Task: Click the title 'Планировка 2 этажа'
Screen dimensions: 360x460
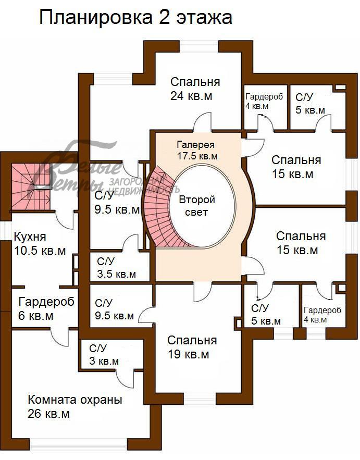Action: tap(135, 18)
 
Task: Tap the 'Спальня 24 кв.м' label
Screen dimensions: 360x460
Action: tap(195, 89)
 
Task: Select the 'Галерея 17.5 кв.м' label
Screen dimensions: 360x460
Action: tap(197, 150)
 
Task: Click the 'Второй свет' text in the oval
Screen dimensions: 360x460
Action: tap(197, 206)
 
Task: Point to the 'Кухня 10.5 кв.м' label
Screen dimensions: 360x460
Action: tap(40, 244)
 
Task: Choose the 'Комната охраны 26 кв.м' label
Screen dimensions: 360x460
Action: tap(75, 407)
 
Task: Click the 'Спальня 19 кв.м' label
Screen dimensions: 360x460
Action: tap(192, 347)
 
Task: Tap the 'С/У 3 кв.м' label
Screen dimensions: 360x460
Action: tap(104, 355)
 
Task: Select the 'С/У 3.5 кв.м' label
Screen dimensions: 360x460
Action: tap(117, 268)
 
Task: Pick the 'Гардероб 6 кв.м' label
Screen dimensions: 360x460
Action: tap(46, 308)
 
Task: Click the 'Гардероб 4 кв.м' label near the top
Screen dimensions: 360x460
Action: tap(264, 101)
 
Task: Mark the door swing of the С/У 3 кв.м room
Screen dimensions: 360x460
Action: tap(125, 375)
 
